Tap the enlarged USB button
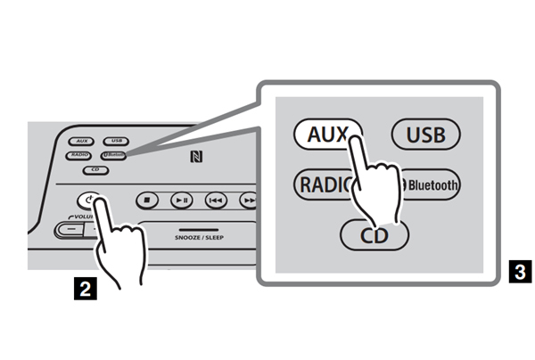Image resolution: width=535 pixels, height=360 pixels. (425, 136)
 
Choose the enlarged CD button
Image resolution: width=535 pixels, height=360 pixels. (374, 235)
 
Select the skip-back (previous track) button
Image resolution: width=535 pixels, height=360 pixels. (216, 200)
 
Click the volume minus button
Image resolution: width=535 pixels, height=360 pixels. (67, 229)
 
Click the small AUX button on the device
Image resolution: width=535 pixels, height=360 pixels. (81, 141)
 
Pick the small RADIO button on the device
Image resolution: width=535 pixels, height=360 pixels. (79, 155)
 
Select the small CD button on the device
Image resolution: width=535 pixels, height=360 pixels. (95, 169)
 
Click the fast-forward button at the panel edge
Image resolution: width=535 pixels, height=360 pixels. (249, 201)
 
